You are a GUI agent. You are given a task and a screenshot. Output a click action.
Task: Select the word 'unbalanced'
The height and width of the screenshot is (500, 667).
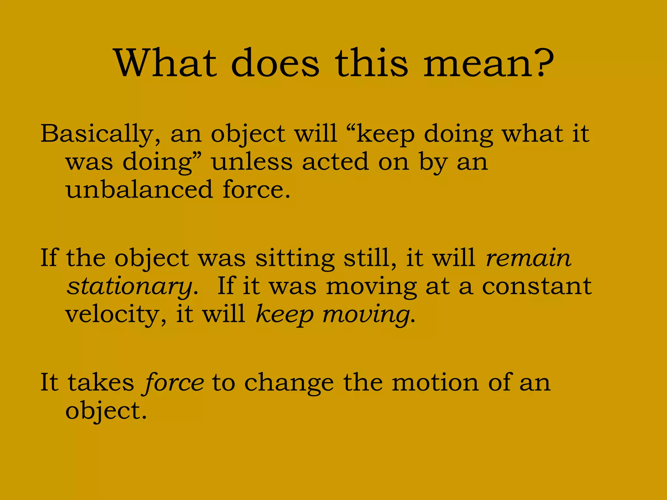pos(139,189)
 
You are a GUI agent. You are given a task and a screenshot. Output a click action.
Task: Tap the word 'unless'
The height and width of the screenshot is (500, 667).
pos(252,162)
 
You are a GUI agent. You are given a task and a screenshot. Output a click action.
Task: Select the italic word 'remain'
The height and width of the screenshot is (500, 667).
pos(528,258)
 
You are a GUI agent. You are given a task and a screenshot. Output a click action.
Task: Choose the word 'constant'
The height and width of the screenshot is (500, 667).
pos(537,286)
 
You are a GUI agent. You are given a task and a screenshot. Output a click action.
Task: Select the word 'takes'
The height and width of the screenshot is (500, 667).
pos(101,382)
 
